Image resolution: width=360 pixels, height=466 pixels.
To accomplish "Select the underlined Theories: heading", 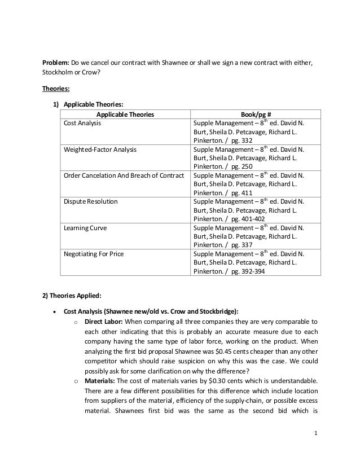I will (x=55, y=89).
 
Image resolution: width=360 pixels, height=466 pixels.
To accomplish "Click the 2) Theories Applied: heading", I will (x=72, y=296).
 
